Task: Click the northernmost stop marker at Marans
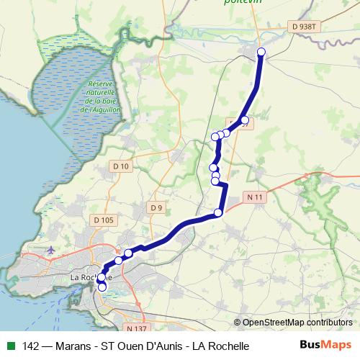pos(261,51)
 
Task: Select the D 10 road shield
pos(121,166)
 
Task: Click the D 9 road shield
pos(156,208)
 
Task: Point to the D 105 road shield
pos(104,220)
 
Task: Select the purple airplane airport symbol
pos(50,250)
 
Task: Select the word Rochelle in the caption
pos(228,346)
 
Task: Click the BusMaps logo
pos(325,346)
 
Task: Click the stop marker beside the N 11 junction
pos(219,212)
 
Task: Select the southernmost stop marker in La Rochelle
pos(102,287)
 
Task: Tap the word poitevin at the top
pos(243,3)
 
